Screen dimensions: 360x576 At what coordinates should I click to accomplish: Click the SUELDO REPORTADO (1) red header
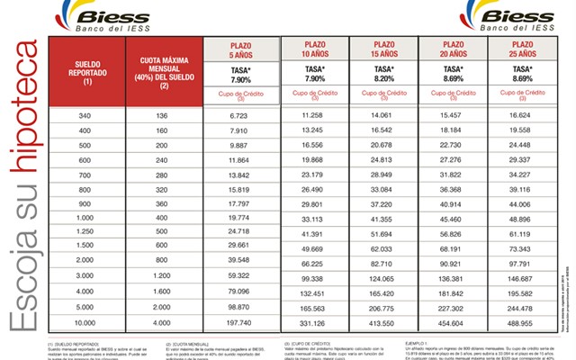(85, 74)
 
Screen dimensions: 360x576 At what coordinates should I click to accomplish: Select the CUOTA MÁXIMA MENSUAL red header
(162, 74)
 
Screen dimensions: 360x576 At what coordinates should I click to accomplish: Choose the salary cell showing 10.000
(85, 322)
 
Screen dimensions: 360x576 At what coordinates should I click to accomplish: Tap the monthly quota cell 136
(162, 116)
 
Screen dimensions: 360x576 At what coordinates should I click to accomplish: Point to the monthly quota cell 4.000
(162, 322)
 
